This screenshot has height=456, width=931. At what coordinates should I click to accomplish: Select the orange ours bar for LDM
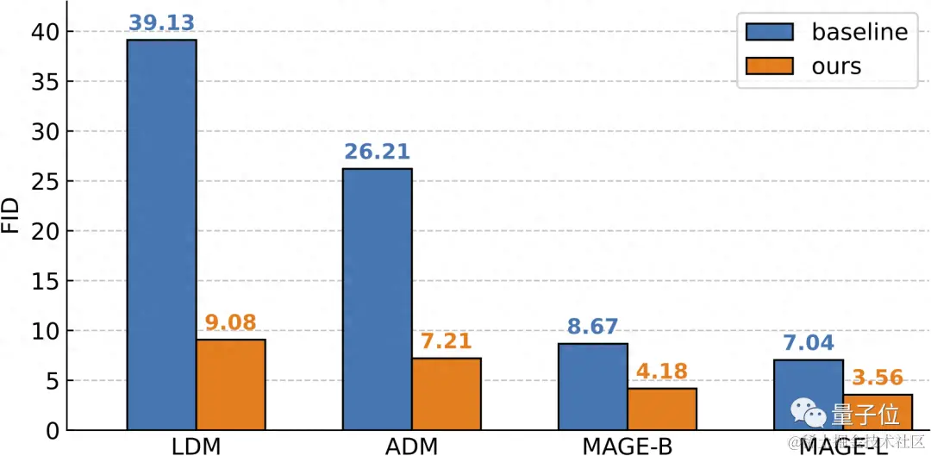click(230, 384)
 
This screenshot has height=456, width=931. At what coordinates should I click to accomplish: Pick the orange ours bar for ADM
click(446, 394)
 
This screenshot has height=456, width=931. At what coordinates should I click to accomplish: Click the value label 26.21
click(377, 153)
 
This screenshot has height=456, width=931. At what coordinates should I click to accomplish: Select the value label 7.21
click(446, 342)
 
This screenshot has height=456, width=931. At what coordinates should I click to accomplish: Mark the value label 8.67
click(592, 328)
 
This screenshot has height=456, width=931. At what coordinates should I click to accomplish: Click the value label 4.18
click(661, 372)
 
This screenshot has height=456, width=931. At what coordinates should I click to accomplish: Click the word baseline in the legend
click(859, 32)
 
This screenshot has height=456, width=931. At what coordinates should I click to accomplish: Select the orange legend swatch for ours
click(770, 66)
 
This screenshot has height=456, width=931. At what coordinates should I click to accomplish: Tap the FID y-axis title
click(11, 217)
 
